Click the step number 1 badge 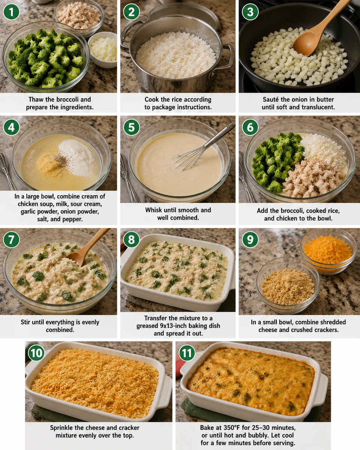11,12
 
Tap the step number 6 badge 250,127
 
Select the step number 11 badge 187,353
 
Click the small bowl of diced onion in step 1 103,49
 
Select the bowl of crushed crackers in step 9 288,286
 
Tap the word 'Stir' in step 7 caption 27,322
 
